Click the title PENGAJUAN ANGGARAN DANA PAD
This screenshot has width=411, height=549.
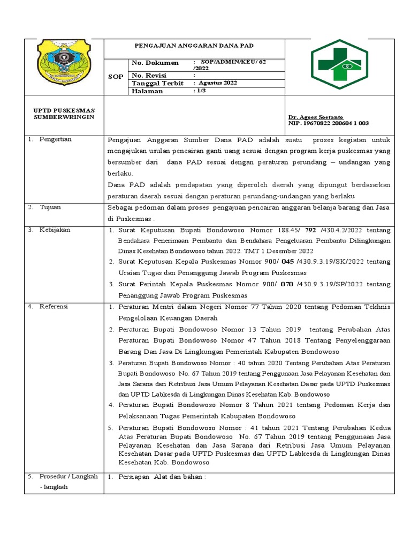[x=193, y=46]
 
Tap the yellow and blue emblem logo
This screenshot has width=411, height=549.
[x=64, y=66]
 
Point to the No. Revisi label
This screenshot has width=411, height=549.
[x=149, y=76]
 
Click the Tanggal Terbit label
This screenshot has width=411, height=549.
[x=154, y=83]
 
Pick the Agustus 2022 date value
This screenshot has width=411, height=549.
[x=218, y=83]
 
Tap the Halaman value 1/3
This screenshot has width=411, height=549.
[x=200, y=91]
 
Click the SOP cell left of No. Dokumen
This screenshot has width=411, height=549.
[x=116, y=77]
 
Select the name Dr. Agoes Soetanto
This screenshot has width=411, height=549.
[x=316, y=116]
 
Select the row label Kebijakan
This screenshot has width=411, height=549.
[x=55, y=230]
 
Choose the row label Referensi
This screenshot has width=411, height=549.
[x=55, y=307]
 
